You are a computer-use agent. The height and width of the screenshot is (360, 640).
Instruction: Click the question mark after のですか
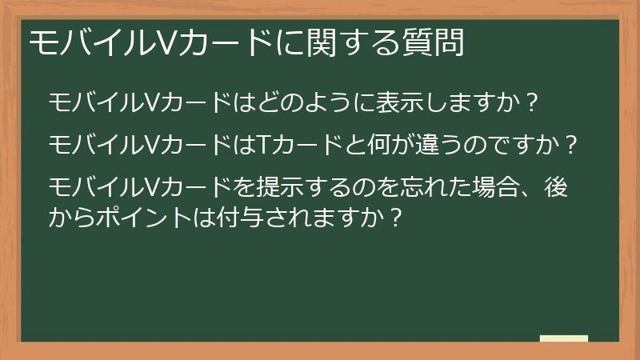(571, 146)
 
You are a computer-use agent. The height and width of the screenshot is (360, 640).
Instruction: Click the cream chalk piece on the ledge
(564, 338)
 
